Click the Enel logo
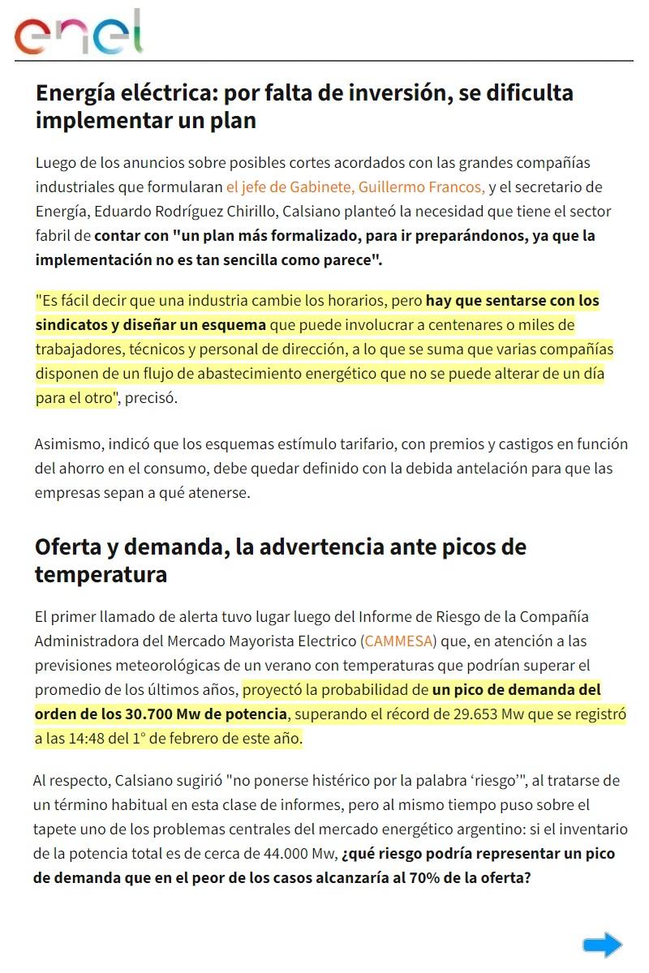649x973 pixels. click(78, 32)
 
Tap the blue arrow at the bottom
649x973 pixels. click(602, 945)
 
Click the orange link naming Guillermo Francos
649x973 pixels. click(355, 187)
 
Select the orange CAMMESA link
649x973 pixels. click(399, 641)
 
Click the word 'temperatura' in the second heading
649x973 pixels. click(101, 575)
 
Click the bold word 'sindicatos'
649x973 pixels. click(74, 325)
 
